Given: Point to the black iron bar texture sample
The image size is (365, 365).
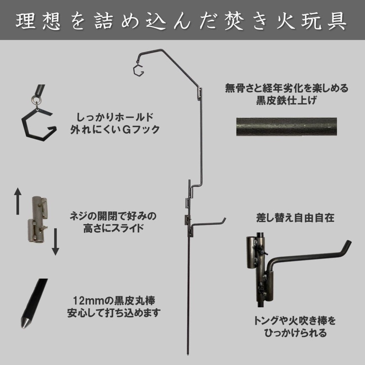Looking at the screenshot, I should click(x=287, y=126).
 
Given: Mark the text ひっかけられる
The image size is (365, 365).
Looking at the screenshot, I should click(x=295, y=333).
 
